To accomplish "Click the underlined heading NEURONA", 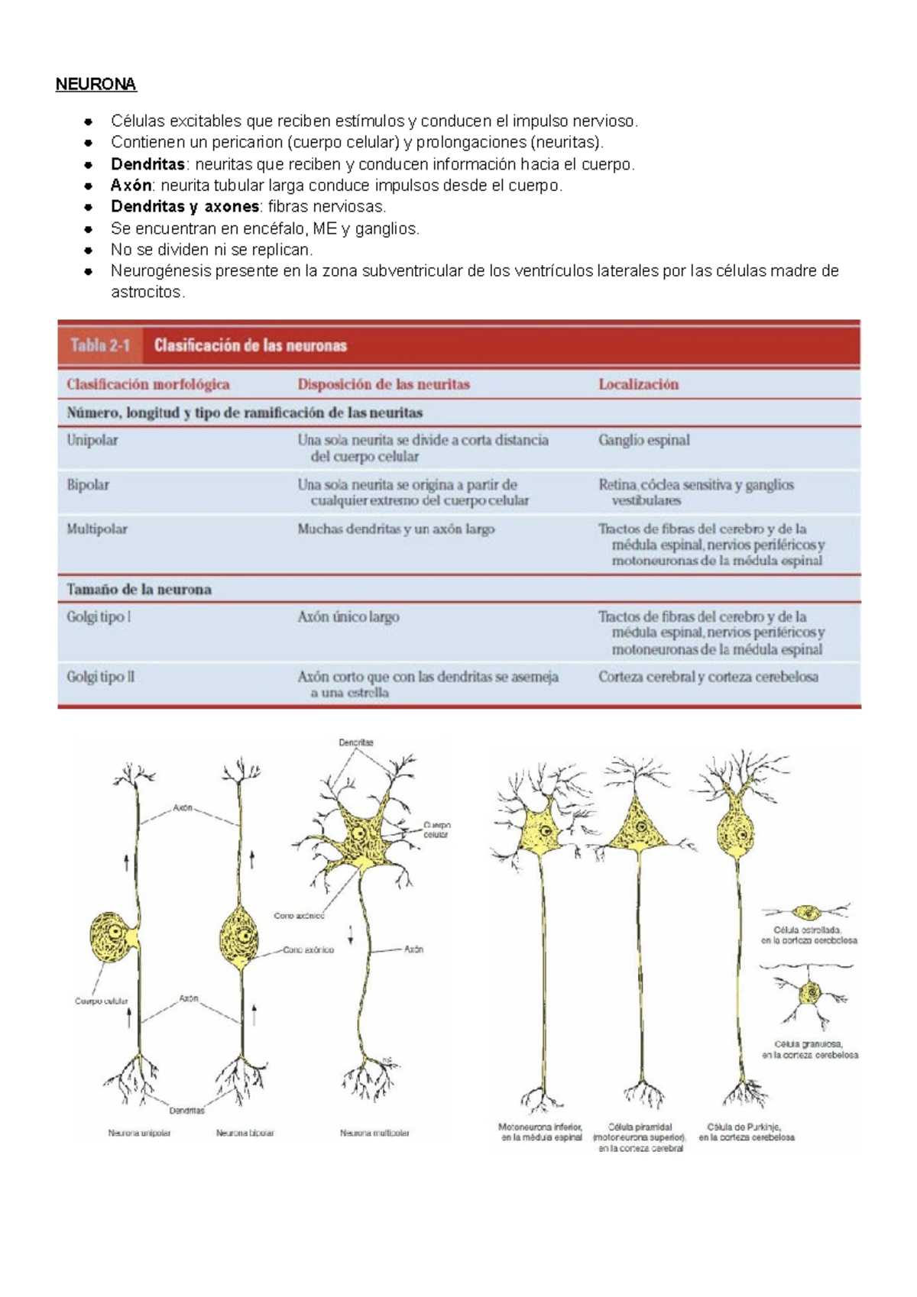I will tap(96, 84).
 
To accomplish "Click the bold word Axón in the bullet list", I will tap(131, 186).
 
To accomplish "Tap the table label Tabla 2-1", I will tap(100, 345).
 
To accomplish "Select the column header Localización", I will tap(638, 384).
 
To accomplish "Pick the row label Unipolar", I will tap(92, 440).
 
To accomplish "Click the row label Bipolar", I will tap(88, 484).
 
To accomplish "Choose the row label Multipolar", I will tap(97, 529).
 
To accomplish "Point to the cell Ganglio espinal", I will tap(643, 440).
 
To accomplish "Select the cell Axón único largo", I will tap(348, 616).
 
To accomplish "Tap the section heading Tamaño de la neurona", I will tap(139, 589).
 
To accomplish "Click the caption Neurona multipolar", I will tap(374, 1134).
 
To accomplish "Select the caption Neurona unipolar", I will tap(139, 1134).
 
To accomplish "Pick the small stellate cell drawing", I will tap(806, 912).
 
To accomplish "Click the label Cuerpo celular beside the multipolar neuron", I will tap(437, 830).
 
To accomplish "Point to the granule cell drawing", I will tap(809, 995).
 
